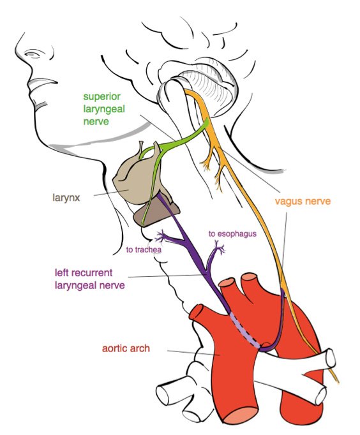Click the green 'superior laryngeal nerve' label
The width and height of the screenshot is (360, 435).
[x=104, y=108]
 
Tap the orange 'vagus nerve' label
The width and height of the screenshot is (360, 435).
[x=303, y=201]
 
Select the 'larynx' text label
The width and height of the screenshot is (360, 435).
[x=66, y=198]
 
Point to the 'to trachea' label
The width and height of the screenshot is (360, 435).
[x=144, y=249]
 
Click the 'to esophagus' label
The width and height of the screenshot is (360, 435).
[x=232, y=234]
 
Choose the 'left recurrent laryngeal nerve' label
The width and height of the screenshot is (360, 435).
[x=89, y=279]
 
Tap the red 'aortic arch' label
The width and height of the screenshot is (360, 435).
[x=126, y=348]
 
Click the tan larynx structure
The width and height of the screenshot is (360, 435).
[x=133, y=181]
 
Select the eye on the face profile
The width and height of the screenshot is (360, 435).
[x=33, y=54]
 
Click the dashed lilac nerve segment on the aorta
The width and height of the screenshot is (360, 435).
[x=245, y=330]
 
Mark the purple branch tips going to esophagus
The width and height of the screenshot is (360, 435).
[x=220, y=246]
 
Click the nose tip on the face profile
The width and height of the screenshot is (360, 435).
[x=17, y=47]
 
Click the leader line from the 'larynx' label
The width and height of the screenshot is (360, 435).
[x=111, y=193]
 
